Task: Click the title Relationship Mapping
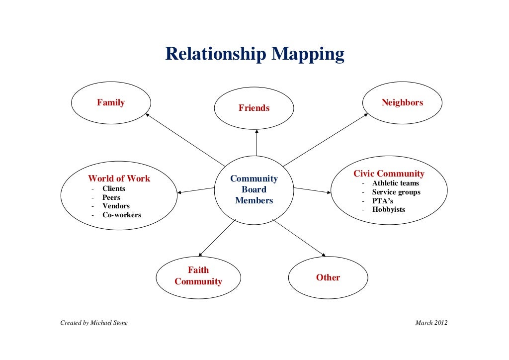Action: tap(254, 54)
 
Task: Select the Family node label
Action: tap(111, 102)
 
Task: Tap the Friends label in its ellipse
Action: tap(254, 108)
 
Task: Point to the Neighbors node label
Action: tap(402, 102)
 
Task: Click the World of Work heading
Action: tap(119, 179)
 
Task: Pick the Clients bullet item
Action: tap(114, 188)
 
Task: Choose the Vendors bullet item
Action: tap(116, 206)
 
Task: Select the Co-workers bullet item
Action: tap(121, 215)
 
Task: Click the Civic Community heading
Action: tap(389, 174)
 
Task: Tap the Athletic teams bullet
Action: tap(395, 183)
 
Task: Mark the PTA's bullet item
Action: tap(383, 201)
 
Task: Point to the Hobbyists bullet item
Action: tap(388, 209)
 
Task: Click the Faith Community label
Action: tap(198, 276)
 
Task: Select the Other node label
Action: tap(328, 277)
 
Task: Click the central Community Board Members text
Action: tap(254, 189)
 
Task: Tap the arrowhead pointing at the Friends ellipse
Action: tap(257, 131)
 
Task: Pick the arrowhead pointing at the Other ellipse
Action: tap(324, 255)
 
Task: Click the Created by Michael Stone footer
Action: tap(94, 323)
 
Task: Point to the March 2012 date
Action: tap(431, 323)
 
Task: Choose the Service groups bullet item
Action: tap(396, 192)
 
